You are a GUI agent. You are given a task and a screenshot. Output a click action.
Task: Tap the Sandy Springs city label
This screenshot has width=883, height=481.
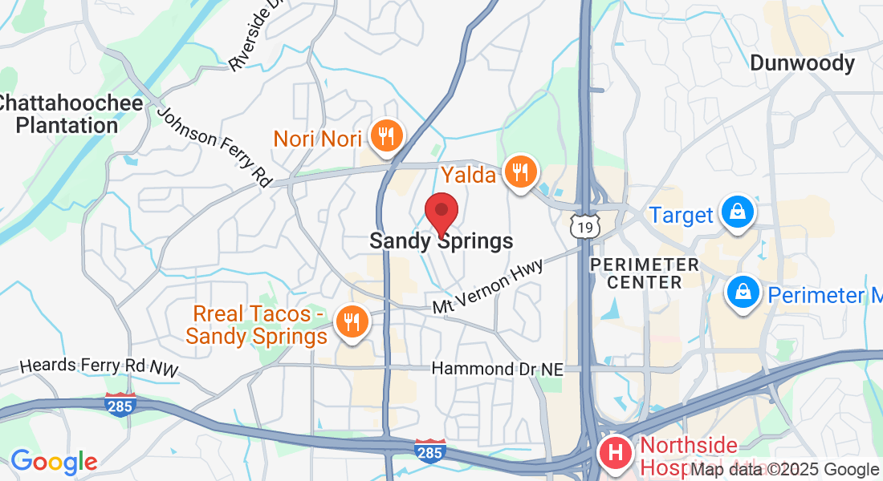pos(441,240)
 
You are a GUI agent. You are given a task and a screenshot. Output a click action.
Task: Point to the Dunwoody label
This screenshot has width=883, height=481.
pos(802,63)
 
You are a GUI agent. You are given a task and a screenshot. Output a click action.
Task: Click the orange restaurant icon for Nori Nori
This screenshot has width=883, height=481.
pos(388,137)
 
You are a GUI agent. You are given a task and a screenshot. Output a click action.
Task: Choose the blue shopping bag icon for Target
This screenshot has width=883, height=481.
pos(735,212)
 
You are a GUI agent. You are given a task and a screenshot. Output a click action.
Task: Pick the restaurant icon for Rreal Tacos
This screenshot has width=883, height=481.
pos(351,322)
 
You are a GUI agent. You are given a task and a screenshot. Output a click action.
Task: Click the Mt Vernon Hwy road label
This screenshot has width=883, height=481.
pos(487,285)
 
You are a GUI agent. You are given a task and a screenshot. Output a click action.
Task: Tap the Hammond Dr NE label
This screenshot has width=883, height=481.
pos(498,369)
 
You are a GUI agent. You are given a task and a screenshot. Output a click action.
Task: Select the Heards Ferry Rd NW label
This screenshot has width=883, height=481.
pos(99,366)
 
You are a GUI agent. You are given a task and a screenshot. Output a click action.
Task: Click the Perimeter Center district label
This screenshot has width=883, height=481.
pos(643,273)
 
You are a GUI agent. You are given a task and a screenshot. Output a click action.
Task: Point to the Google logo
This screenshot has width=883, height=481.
pos(53,462)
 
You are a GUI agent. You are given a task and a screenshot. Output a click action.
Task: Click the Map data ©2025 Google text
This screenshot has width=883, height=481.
pos(784,470)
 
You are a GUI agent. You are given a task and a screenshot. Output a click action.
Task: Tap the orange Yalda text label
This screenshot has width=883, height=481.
pos(468,173)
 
